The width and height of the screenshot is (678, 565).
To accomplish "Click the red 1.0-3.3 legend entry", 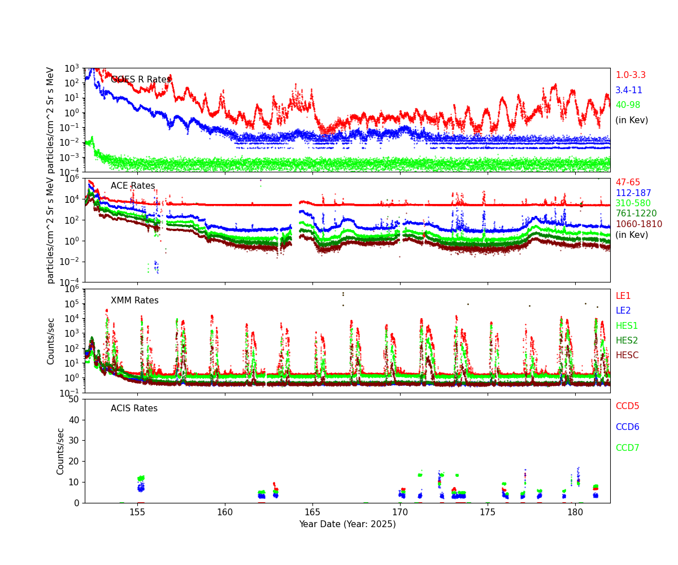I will click(630, 75).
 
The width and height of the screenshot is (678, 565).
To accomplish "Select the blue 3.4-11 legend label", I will click(628, 90).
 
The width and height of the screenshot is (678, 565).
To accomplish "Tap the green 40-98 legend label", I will click(628, 105).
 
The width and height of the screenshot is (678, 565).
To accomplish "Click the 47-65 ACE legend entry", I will click(627, 182).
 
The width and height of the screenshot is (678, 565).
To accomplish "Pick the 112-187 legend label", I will click(633, 193).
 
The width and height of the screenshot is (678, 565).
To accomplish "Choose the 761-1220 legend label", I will click(636, 214).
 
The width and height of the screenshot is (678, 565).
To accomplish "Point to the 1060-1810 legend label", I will click(638, 224).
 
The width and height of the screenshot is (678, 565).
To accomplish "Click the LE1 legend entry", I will click(623, 296).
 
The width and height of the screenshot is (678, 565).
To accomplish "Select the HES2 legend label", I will click(627, 341).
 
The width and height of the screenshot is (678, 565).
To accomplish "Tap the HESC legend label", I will click(627, 355).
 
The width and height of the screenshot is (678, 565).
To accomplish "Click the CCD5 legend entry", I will click(627, 406).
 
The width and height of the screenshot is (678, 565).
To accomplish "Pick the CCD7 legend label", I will click(627, 448).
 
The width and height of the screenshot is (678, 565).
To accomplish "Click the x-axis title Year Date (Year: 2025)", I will click(347, 524).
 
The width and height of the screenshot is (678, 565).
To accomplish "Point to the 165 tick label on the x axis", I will click(312, 512).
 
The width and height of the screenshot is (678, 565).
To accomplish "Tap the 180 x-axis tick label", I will click(575, 512).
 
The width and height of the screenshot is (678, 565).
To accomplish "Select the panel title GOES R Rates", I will click(141, 80).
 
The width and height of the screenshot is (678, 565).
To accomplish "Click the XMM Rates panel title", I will click(134, 301).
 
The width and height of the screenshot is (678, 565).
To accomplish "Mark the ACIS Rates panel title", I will click(134, 408).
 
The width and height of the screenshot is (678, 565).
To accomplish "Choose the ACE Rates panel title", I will click(133, 186).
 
